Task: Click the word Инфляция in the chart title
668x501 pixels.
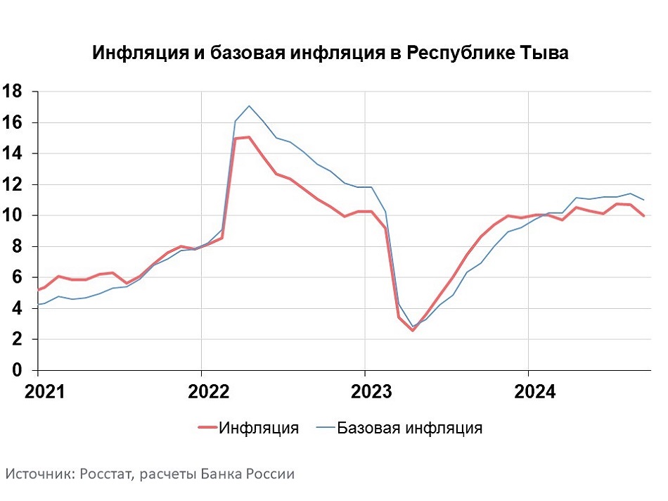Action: point(141,53)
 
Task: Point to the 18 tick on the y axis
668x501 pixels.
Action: point(13,91)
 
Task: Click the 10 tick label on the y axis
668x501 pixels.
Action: point(13,215)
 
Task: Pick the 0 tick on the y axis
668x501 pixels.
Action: point(17,370)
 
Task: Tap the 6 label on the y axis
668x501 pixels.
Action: point(17,277)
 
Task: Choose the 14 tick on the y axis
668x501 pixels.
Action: point(13,153)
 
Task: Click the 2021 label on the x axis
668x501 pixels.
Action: point(45,391)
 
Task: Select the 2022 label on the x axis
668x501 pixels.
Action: point(208,391)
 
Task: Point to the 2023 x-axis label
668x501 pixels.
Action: point(371,391)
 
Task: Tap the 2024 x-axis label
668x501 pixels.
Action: point(535,391)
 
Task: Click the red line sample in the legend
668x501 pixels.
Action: point(208,428)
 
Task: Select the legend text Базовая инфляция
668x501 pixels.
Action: point(409,428)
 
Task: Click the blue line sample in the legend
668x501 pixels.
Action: point(326,427)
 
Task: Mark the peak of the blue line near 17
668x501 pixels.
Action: point(249,106)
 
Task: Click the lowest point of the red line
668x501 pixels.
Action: point(412,331)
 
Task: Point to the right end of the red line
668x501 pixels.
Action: point(643,216)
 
